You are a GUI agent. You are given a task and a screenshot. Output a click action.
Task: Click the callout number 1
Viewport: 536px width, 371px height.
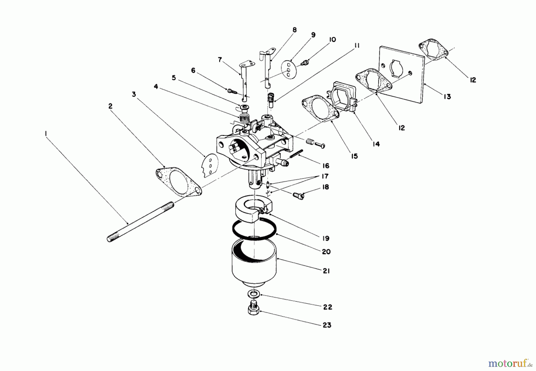46,134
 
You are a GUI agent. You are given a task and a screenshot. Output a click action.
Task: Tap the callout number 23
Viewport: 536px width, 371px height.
327,325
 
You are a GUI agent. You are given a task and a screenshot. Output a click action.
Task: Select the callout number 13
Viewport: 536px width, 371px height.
447,97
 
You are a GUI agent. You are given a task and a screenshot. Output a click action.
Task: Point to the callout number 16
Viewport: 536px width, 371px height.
325,166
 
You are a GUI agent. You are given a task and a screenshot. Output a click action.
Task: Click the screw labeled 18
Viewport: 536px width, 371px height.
298,195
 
